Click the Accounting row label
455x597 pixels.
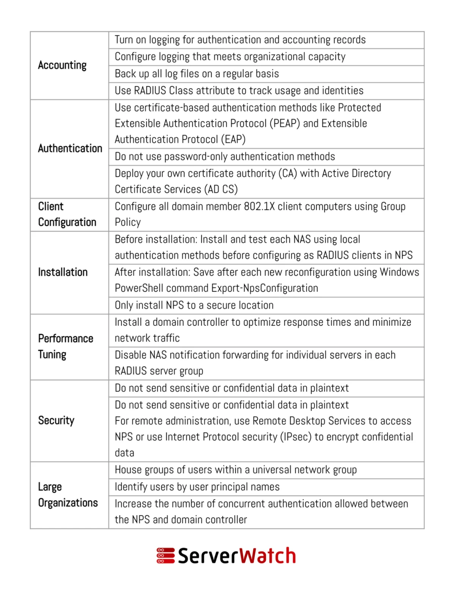(62, 65)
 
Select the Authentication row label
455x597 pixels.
(70, 148)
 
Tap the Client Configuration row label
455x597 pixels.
(67, 214)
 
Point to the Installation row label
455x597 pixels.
(63, 272)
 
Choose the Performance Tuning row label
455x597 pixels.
(66, 346)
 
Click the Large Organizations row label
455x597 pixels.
(68, 495)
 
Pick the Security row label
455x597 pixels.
(56, 420)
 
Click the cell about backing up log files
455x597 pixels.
(197, 74)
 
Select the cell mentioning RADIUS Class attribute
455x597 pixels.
(239, 91)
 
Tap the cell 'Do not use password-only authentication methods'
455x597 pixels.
(225, 157)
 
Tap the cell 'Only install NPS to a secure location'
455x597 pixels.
(194, 305)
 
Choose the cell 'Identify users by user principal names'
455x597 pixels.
(197, 487)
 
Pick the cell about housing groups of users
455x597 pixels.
(235, 470)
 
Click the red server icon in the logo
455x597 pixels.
(166, 556)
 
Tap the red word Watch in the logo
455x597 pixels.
(267, 556)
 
